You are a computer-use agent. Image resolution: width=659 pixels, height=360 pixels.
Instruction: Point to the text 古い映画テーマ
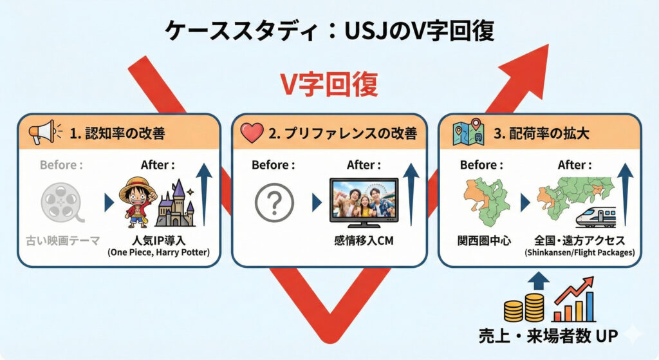pos(62,242)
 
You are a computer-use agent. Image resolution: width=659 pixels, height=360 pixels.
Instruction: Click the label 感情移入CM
pos(363,242)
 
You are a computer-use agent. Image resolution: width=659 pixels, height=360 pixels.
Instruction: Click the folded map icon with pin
pos(468,132)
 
